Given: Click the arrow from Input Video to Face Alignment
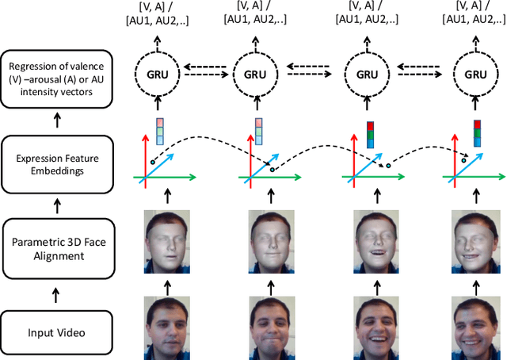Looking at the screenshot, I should click(56, 295).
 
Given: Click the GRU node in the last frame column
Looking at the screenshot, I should click(476, 74).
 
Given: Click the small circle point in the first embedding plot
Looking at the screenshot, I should click(152, 163).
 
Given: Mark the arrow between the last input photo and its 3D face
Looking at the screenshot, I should click(476, 281).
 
